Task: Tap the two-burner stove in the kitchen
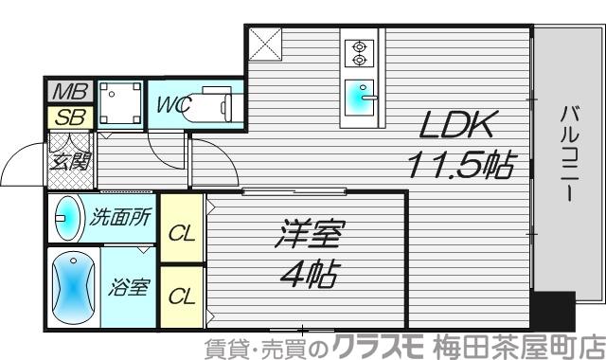[x=360, y=53]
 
